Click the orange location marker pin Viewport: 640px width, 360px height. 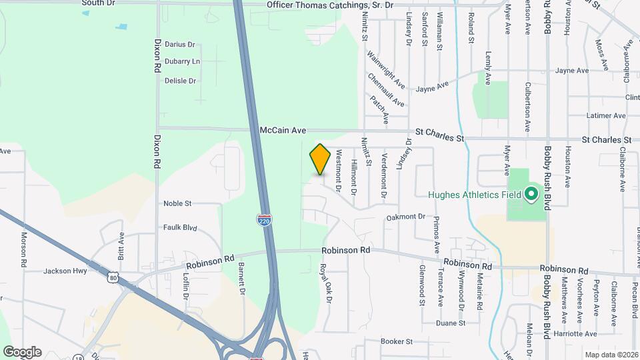320,159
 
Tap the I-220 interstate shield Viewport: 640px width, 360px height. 265,221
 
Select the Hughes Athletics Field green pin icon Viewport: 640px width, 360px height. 531,195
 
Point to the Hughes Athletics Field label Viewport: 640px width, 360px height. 473,195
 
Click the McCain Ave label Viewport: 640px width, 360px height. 283,131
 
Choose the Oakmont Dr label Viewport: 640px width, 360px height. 405,217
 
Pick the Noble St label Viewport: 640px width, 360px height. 177,203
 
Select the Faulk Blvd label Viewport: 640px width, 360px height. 180,227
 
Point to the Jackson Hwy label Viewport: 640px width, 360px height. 65,271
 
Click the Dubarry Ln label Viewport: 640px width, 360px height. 182,61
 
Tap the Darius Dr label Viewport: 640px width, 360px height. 179,45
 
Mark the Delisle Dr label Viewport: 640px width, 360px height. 180,81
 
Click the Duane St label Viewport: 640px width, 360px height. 450,323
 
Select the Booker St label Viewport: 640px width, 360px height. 397,341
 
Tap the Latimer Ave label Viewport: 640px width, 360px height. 605,116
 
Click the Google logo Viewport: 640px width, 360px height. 22,352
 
